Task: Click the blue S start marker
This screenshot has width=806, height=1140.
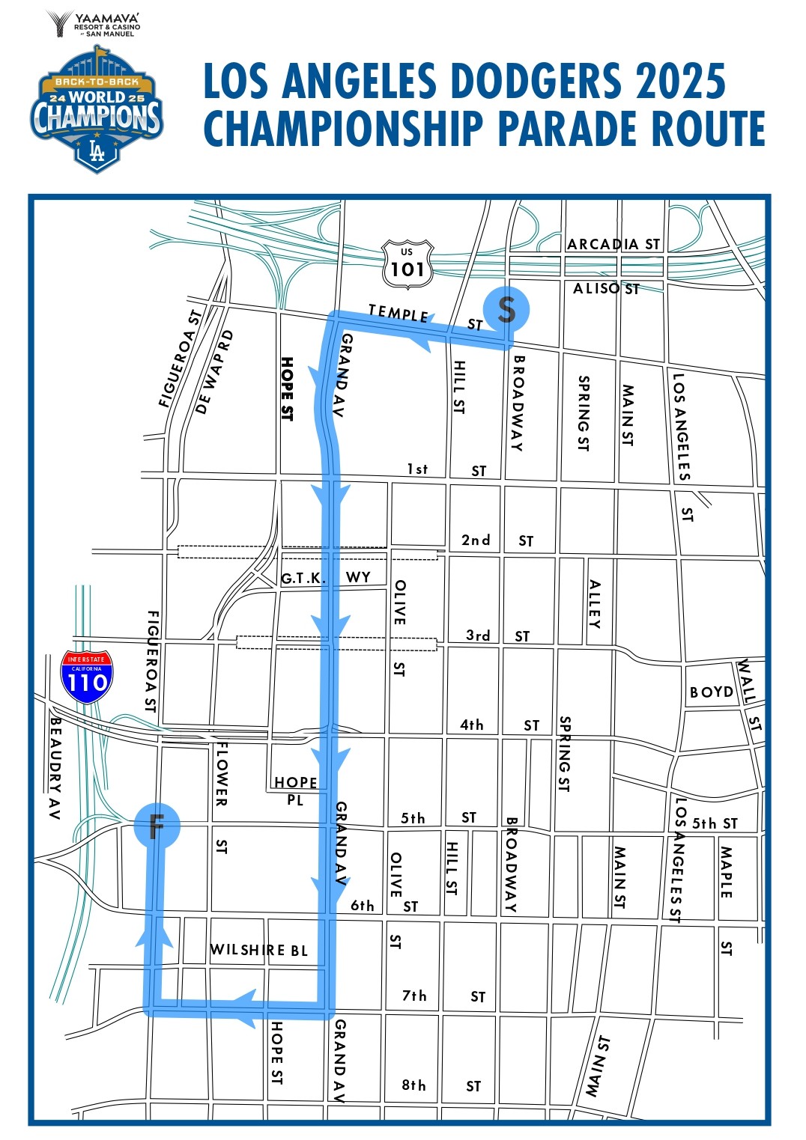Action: click(x=506, y=309)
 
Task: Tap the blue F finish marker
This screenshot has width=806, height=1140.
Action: click(x=157, y=826)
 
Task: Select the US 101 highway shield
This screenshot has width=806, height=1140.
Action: click(x=407, y=264)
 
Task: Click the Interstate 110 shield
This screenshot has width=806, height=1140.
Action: click(x=87, y=677)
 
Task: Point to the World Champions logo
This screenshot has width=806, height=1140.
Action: click(x=97, y=112)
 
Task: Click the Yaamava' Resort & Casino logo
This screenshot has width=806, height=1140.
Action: click(x=94, y=24)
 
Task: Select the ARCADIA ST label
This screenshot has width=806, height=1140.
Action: click(x=613, y=244)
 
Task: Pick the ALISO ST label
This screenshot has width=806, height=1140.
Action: click(x=606, y=288)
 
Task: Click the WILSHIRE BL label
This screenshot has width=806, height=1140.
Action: click(x=258, y=950)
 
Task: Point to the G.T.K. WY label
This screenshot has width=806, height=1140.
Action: click(x=326, y=578)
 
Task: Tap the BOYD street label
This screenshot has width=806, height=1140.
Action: click(x=711, y=692)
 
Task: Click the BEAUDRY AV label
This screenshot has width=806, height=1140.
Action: click(x=55, y=768)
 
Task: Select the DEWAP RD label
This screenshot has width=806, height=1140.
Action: click(x=215, y=372)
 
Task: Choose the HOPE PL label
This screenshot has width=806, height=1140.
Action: click(x=295, y=790)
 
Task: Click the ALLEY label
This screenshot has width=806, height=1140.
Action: click(x=595, y=604)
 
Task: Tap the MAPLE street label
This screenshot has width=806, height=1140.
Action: click(x=726, y=871)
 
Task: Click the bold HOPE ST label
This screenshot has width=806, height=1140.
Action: click(x=286, y=388)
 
